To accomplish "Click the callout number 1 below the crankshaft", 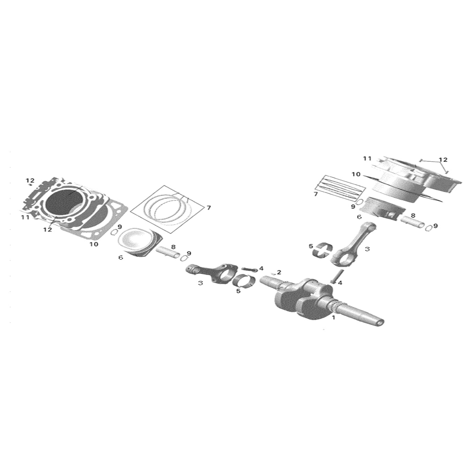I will pyautogui.click(x=334, y=318).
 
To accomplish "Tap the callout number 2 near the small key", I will pyautogui.click(x=279, y=272).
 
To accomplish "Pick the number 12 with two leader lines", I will pyautogui.click(x=443, y=160).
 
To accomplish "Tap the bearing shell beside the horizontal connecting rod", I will pyautogui.click(x=244, y=281).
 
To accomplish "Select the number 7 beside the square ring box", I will pyautogui.click(x=209, y=208).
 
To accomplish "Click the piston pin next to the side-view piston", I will pyautogui.click(x=412, y=222).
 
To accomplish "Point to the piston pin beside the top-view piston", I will pyautogui.click(x=168, y=253).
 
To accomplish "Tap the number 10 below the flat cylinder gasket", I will pyautogui.click(x=94, y=244).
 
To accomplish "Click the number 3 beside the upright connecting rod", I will pyautogui.click(x=367, y=249).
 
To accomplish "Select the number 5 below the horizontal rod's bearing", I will pyautogui.click(x=238, y=291).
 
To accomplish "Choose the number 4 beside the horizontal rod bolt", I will pyautogui.click(x=261, y=269).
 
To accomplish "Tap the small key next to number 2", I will pyautogui.click(x=273, y=273).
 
